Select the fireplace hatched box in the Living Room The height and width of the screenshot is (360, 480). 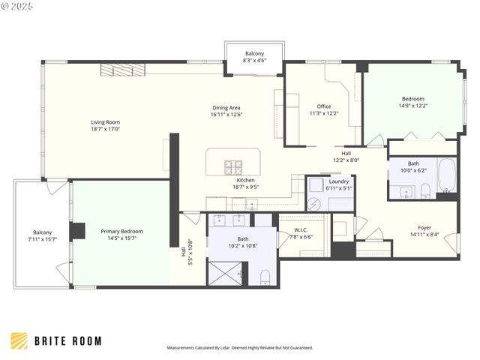point(117,70)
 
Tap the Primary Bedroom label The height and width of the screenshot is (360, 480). point(121,232)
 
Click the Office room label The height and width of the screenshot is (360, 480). point(323,106)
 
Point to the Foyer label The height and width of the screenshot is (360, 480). point(424,227)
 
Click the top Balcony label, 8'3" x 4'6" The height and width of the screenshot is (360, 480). point(255,54)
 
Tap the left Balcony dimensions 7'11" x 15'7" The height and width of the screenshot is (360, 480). point(42,239)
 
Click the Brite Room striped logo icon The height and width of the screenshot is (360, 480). point(19,340)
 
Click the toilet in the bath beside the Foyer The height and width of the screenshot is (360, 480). point(424,189)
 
